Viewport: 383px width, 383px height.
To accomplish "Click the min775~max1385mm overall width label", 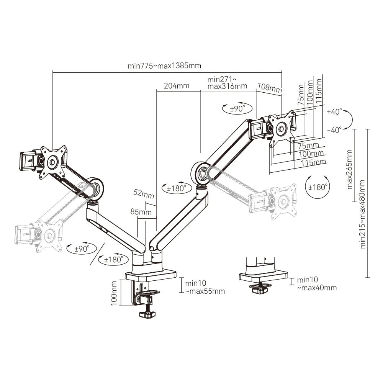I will click(x=164, y=65).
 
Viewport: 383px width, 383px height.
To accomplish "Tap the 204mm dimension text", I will click(x=177, y=86).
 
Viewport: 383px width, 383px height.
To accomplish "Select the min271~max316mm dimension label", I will click(x=227, y=83).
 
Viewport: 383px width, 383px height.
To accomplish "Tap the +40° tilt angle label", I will click(x=334, y=112).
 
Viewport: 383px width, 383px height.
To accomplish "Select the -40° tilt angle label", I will click(x=334, y=130).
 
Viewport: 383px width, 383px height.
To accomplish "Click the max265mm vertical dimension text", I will click(x=349, y=169).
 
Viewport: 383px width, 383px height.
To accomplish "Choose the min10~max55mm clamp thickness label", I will click(x=205, y=287).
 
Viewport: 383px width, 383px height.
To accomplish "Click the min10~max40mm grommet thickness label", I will click(x=316, y=284).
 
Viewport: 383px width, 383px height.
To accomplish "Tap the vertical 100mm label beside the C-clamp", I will click(x=114, y=292).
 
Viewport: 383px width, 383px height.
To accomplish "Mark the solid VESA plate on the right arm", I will click(x=282, y=128).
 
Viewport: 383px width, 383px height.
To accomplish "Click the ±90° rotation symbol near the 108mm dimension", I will click(x=237, y=108).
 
